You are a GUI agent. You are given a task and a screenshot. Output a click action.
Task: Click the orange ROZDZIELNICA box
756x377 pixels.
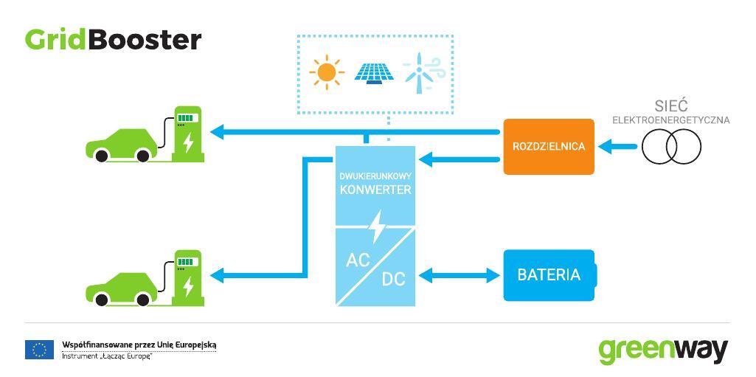(549, 146)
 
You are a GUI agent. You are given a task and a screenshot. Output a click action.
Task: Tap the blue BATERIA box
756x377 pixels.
(549, 274)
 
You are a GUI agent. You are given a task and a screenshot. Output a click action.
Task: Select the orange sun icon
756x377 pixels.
(327, 72)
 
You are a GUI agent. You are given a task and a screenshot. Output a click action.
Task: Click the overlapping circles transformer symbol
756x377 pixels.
(671, 146)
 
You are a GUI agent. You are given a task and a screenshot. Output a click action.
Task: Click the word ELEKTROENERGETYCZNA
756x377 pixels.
(670, 120)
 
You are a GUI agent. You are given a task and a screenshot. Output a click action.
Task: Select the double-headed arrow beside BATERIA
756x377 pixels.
(459, 276)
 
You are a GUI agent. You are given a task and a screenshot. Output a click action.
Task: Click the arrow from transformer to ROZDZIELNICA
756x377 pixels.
(617, 146)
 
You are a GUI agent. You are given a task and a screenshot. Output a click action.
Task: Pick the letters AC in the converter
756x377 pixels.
(358, 260)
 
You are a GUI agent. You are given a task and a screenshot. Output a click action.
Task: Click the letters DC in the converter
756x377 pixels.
(394, 279)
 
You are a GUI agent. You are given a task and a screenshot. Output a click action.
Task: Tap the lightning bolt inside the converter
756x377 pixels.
(374, 226)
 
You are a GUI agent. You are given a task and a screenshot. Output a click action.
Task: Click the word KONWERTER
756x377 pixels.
(375, 190)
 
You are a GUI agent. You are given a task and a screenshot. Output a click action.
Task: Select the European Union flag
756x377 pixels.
(40, 350)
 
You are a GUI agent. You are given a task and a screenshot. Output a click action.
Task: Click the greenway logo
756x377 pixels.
(663, 351)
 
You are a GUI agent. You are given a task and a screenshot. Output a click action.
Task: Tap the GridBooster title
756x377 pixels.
(114, 40)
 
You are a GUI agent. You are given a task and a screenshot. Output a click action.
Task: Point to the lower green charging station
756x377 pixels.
(188, 278)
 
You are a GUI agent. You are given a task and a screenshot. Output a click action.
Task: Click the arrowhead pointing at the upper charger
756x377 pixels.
(218, 131)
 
